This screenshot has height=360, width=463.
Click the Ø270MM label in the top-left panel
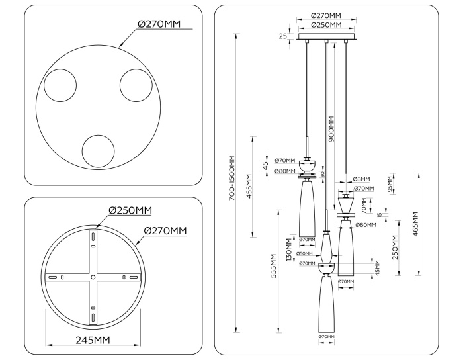(159, 24)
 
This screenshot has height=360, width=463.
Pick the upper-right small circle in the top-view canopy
(136, 85)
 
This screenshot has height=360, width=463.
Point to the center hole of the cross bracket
(93, 277)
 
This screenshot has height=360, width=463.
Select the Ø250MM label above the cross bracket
(130, 210)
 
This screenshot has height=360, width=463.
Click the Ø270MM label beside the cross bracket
(165, 230)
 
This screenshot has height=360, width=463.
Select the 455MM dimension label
(249, 188)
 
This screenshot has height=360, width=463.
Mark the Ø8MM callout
(361, 179)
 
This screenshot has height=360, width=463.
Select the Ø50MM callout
(304, 253)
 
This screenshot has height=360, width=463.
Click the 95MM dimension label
(390, 181)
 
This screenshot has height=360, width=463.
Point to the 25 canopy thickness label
(283, 36)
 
